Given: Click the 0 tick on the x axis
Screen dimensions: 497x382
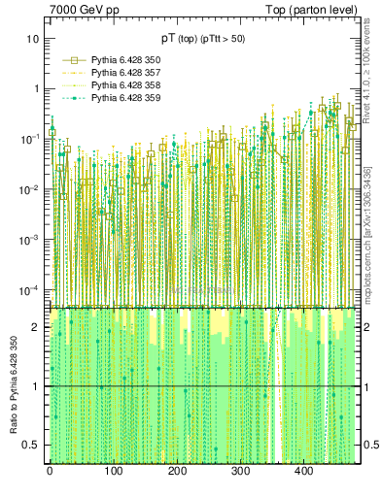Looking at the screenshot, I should point(50,471).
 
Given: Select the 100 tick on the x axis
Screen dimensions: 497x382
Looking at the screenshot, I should point(113,471).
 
